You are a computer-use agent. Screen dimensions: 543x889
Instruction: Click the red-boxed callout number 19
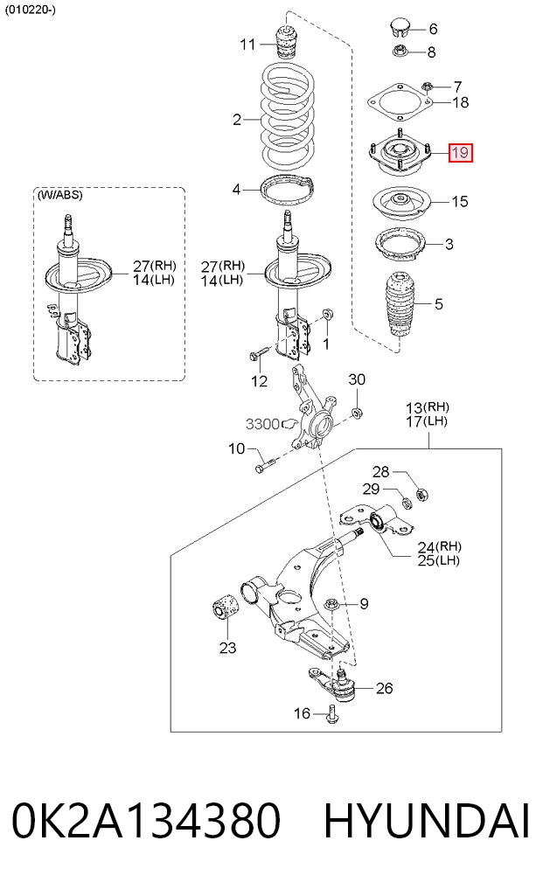tap(460, 152)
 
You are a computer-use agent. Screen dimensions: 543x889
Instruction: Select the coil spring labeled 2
tap(288, 115)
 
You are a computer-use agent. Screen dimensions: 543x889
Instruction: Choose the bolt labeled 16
tap(332, 713)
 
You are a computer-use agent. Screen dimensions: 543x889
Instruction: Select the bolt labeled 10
tap(264, 464)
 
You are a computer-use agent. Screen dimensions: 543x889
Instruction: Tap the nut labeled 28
tap(421, 495)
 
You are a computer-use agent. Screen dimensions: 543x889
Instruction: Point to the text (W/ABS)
tap(59, 195)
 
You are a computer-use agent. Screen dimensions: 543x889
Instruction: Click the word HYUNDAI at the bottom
tap(427, 821)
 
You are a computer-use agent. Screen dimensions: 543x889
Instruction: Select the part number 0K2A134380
tap(146, 821)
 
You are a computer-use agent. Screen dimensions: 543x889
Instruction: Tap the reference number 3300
tap(262, 424)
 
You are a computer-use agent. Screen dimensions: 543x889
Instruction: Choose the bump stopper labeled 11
tap(287, 41)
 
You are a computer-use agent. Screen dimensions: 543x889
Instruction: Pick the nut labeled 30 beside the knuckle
tap(357, 413)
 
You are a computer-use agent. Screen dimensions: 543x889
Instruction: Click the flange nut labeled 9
tap(331, 606)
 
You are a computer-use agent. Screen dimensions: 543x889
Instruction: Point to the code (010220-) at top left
tap(30, 10)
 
